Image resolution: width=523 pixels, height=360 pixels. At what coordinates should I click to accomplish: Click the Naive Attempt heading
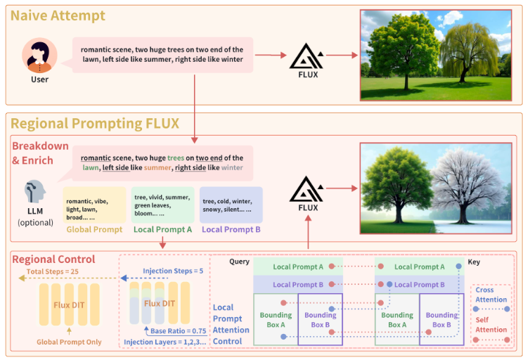click(x=58, y=15)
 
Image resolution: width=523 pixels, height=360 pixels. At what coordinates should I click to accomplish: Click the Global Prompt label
click(x=94, y=229)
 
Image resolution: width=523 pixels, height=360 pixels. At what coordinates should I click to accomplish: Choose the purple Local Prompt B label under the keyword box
click(x=231, y=229)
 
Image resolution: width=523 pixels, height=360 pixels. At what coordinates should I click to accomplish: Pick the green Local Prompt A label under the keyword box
click(x=162, y=229)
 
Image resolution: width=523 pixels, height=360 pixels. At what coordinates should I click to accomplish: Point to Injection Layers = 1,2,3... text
click(x=164, y=342)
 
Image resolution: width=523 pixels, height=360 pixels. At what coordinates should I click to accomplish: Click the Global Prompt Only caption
click(x=70, y=342)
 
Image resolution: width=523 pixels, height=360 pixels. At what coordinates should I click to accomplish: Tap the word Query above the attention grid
click(x=240, y=262)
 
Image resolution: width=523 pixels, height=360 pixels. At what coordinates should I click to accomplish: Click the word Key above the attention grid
click(x=474, y=262)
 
